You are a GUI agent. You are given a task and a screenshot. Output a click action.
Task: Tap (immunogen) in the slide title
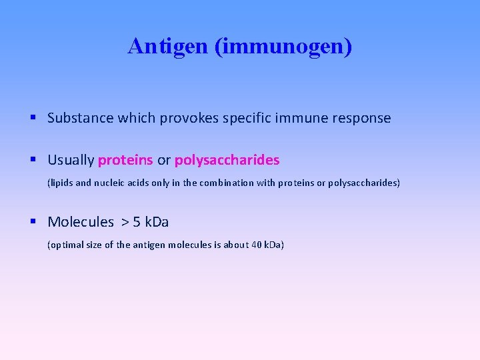[x=283, y=46]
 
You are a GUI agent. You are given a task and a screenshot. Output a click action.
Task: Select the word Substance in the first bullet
[x=80, y=118]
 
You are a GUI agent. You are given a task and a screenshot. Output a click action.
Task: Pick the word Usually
[x=71, y=161]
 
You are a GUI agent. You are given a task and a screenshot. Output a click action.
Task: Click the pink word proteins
[x=125, y=161]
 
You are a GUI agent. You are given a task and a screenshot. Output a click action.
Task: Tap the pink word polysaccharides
[x=227, y=161]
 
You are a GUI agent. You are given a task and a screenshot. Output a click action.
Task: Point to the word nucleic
[x=113, y=183]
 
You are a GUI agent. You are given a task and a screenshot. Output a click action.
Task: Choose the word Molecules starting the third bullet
[x=81, y=222]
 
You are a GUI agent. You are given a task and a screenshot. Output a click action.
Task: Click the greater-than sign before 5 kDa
[x=125, y=222]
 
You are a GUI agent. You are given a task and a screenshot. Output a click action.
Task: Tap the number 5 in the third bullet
[x=137, y=222]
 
